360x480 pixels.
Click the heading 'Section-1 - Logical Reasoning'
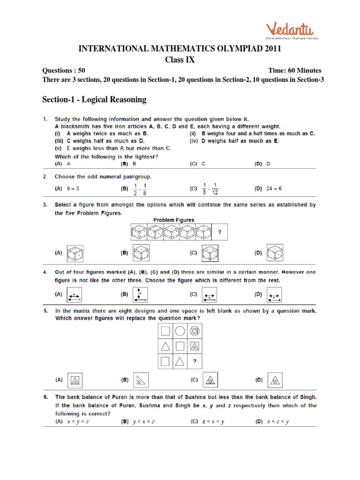point(94,99)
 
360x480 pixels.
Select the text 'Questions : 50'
point(64,70)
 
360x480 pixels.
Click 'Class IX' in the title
point(180,60)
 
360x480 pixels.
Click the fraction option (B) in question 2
point(141,189)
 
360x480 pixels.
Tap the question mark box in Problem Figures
point(220,231)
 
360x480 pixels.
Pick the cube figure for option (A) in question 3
point(75,253)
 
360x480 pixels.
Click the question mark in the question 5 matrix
point(195,361)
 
